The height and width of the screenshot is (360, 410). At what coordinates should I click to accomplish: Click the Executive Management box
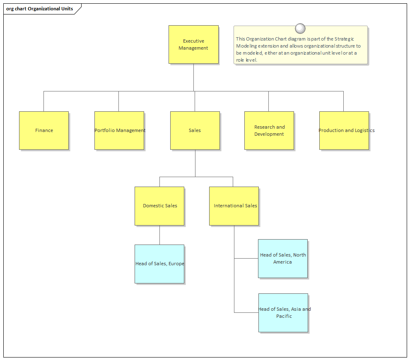pos(193,44)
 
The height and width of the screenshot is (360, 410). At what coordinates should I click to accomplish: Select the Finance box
pos(44,130)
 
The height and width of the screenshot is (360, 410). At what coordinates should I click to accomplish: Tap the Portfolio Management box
pos(119,130)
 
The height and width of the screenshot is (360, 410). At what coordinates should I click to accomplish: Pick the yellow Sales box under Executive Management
pos(195,130)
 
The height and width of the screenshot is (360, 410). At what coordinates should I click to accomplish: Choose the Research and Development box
pos(269,130)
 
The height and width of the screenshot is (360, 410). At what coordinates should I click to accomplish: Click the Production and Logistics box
pos(344,130)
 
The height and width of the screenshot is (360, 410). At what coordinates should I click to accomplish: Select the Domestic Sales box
pos(159,206)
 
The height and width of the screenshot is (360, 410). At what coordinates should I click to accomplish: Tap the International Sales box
pos(234,206)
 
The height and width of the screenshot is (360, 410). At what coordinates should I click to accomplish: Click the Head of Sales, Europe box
pos(159,264)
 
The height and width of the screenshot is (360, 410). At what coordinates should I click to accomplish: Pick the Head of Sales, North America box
pos(282,258)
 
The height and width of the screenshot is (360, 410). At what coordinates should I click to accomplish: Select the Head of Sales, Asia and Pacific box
pos(283,312)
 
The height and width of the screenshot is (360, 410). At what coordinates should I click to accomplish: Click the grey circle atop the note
pos(300,29)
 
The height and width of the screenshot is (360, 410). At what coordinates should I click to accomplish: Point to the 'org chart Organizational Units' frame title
pos(40,9)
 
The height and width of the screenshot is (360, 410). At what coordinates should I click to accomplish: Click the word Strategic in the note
pos(344,39)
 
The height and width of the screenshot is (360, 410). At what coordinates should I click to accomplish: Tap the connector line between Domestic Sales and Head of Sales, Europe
pos(159,235)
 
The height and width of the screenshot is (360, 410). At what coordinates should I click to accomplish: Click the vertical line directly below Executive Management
pos(193,77)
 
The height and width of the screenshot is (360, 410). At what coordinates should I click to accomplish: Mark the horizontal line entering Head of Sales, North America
pos(246,258)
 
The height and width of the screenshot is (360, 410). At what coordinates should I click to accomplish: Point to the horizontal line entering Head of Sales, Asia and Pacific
pos(246,312)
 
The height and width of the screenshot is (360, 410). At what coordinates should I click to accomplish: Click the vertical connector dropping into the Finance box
pos(43,101)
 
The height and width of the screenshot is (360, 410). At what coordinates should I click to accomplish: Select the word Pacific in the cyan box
pos(284,316)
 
